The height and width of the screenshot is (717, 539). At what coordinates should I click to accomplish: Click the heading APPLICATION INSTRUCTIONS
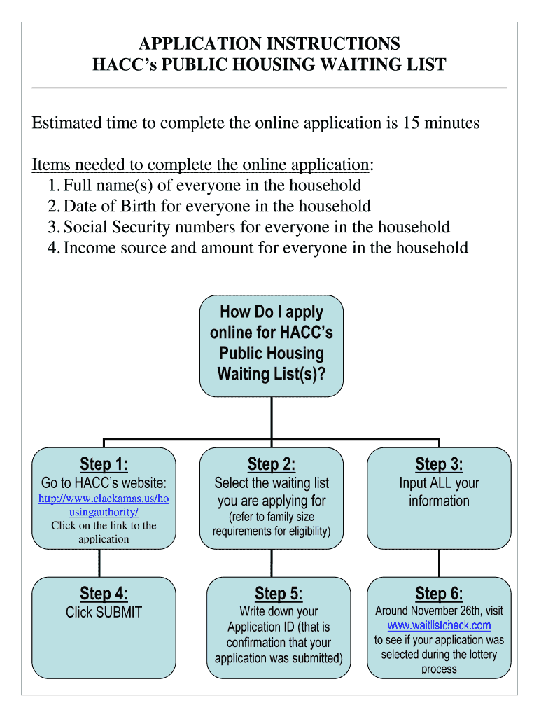click(x=269, y=44)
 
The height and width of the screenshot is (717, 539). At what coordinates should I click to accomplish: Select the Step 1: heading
click(x=104, y=464)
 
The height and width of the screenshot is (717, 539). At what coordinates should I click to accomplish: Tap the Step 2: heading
click(x=272, y=464)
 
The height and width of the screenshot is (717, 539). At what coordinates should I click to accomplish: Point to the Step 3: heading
click(x=439, y=464)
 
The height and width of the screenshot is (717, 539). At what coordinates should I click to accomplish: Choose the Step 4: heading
click(x=104, y=594)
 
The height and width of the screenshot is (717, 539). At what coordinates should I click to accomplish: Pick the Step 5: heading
click(x=279, y=594)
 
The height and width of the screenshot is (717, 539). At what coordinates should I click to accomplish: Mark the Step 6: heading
click(x=439, y=594)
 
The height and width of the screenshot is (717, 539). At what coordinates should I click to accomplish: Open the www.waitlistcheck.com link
click(x=439, y=625)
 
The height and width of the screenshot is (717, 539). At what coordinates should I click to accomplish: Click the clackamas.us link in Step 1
click(x=104, y=506)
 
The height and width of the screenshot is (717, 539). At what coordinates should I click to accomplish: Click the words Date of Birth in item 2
click(x=106, y=207)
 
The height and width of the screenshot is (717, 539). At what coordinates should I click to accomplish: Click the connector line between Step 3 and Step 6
click(x=439, y=562)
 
